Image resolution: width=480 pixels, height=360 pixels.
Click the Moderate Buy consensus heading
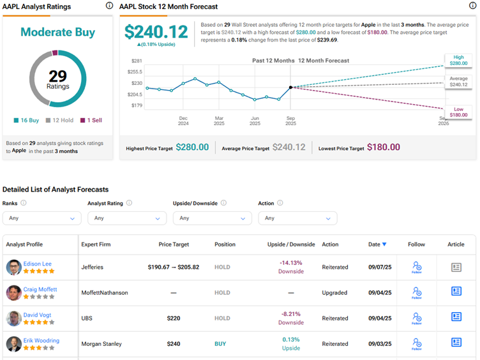(57, 32)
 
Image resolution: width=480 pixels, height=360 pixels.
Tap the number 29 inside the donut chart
(57, 76)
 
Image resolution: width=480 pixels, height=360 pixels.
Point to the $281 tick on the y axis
(137, 61)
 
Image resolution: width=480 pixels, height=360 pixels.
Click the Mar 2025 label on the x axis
(219, 121)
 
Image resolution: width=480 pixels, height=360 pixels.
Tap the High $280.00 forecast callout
(458, 61)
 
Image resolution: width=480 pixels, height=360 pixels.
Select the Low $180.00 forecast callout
(458, 112)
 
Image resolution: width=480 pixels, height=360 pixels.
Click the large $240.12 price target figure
(156, 32)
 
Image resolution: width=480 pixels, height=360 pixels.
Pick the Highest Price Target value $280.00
(192, 147)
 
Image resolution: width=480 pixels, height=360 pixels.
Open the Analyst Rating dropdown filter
(127, 218)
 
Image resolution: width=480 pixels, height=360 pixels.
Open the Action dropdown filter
(297, 218)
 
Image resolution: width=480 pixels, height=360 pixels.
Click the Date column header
(377, 244)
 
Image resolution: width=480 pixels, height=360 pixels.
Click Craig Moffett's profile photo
(14, 293)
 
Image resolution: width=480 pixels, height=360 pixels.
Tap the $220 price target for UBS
(173, 318)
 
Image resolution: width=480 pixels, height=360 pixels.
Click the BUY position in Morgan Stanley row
(220, 343)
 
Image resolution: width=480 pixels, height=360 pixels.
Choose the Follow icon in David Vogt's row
(417, 318)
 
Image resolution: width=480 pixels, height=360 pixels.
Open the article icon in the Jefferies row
(456, 267)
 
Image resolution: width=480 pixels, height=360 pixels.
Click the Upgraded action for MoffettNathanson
(335, 293)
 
